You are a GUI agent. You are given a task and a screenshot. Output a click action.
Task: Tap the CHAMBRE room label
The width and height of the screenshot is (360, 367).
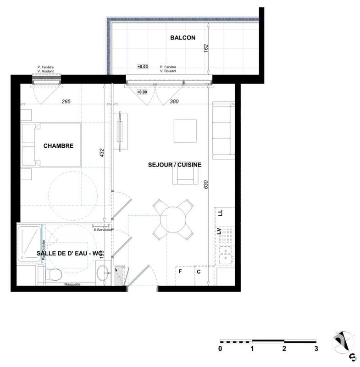click(x=58, y=146)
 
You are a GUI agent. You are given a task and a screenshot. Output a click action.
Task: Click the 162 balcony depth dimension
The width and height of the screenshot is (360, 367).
click(x=205, y=48)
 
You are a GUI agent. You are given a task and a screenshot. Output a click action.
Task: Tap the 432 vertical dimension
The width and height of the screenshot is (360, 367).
click(x=102, y=153)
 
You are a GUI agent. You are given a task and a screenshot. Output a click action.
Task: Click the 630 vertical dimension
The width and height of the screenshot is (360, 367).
click(x=206, y=184)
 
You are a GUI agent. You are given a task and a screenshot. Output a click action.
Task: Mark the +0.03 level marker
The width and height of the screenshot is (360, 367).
click(x=143, y=67)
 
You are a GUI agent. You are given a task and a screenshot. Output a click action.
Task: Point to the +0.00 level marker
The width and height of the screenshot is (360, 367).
click(x=142, y=92)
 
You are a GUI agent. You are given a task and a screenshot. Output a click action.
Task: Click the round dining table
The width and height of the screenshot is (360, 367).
click(x=173, y=219)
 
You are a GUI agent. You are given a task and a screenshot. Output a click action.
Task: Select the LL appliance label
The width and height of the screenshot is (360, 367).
click(x=221, y=213)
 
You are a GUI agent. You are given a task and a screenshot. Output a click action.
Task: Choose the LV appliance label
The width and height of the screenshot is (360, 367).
click(x=220, y=232)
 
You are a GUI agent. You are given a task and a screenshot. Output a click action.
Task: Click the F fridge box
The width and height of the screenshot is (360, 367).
click(x=180, y=271)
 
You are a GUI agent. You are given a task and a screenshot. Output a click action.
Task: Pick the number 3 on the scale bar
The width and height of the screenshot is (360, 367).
click(x=316, y=349)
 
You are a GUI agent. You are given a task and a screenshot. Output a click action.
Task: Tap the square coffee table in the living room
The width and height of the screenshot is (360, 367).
click(x=185, y=131)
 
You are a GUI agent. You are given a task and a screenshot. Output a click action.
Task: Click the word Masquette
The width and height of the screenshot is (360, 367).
click(x=72, y=284)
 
